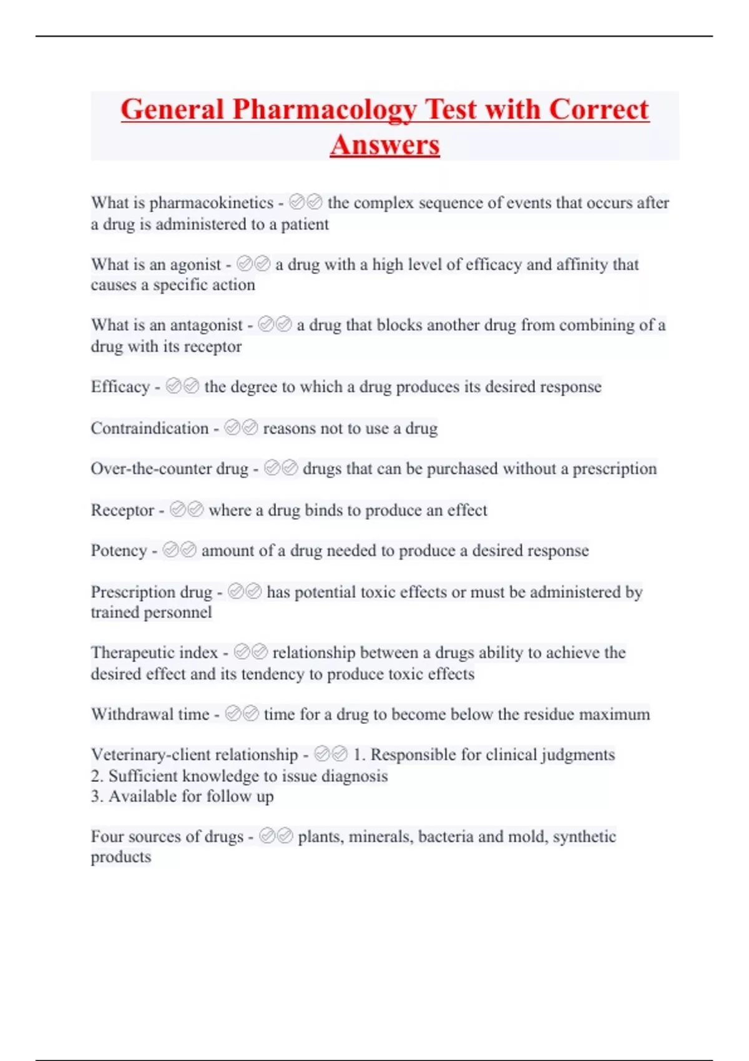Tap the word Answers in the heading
(x=384, y=145)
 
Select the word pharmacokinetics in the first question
(x=211, y=203)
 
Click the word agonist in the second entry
(x=195, y=265)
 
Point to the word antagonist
(x=206, y=325)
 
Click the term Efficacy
(x=120, y=387)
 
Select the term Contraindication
(x=149, y=428)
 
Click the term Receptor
(x=122, y=511)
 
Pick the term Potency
(x=119, y=550)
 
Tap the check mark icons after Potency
(x=179, y=550)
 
